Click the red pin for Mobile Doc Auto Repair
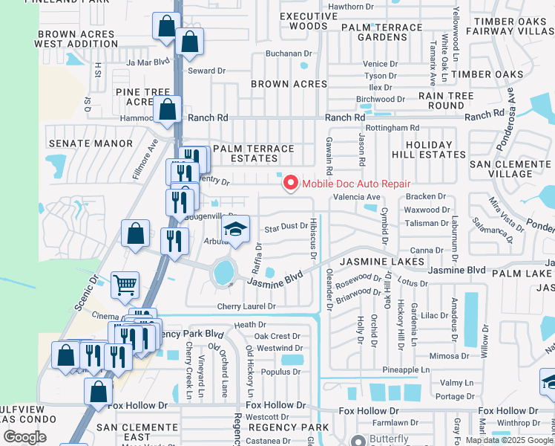pyautogui.click(x=289, y=182)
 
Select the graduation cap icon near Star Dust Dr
pyautogui.click(x=235, y=230)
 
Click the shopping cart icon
pyautogui.click(x=125, y=284)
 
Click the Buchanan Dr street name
pyautogui.click(x=289, y=54)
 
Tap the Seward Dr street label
pyautogui.click(x=206, y=71)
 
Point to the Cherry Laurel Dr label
pyautogui.click(x=246, y=306)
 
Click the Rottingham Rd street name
pyautogui.click(x=397, y=128)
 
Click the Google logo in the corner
pyautogui.click(x=24, y=437)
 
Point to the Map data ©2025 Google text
pyautogui.click(x=509, y=440)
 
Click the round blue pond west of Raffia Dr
pyautogui.click(x=223, y=274)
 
